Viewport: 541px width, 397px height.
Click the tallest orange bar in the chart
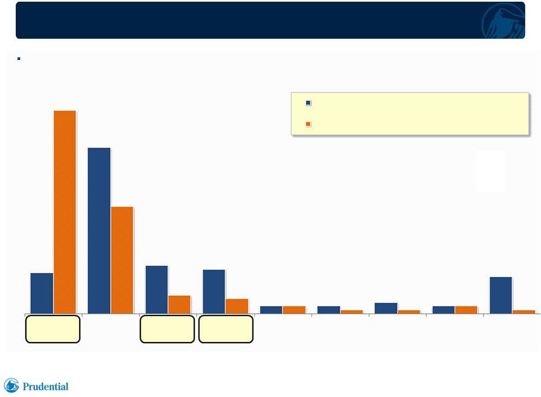[65, 212]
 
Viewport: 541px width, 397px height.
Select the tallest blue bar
[99, 231]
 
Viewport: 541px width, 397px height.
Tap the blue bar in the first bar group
[42, 293]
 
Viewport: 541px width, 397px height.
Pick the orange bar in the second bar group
[122, 260]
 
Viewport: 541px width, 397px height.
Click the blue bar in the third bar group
[157, 290]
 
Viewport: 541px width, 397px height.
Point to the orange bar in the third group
[179, 305]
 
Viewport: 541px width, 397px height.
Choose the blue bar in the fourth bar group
[214, 291]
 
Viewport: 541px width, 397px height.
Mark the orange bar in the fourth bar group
[237, 306]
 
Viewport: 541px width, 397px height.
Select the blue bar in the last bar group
[501, 295]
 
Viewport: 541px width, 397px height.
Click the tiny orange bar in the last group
[524, 312]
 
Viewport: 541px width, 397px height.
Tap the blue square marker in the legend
[308, 103]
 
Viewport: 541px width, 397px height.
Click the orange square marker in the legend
[308, 124]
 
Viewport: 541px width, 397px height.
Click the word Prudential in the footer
[46, 387]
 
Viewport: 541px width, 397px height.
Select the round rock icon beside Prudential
[11, 385]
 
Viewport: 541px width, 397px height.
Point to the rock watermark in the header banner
[503, 21]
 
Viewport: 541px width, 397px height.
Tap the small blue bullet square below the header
[19, 58]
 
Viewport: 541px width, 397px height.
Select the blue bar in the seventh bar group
[386, 308]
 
